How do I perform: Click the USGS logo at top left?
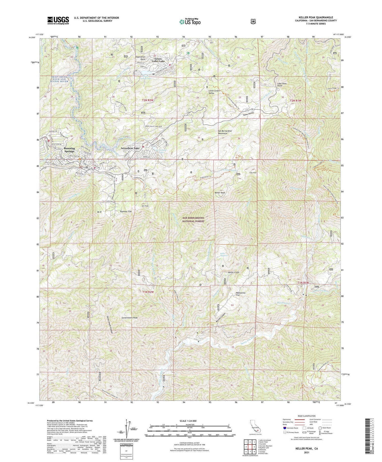tap(58, 20)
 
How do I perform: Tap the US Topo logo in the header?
tap(190, 22)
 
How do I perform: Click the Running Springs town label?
tap(69, 150)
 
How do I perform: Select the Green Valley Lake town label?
tap(158, 60)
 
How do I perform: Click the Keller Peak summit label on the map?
tap(220, 193)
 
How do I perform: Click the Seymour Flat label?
tap(126, 211)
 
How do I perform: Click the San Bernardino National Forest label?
tap(194, 220)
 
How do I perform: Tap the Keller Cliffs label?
tap(234, 272)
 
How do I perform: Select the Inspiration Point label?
tap(140, 58)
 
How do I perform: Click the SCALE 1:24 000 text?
tap(189, 421)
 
